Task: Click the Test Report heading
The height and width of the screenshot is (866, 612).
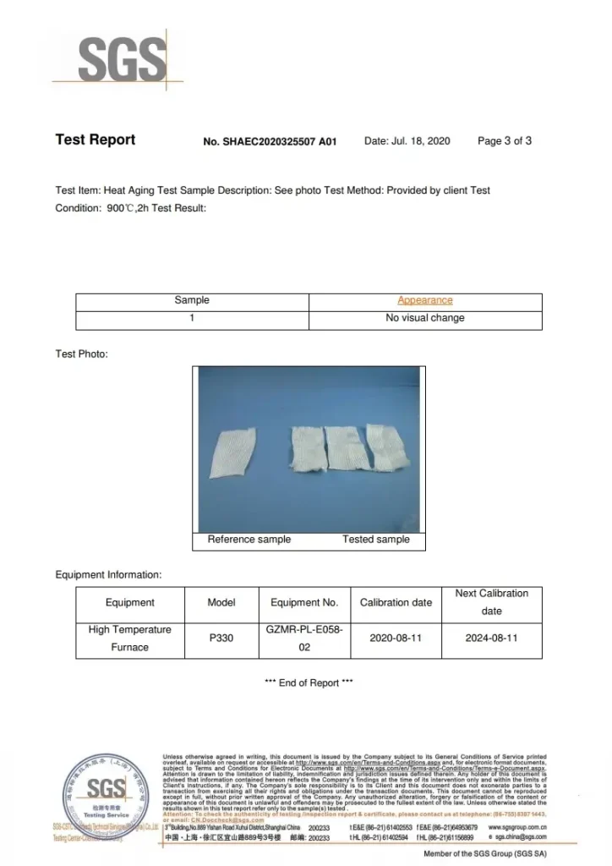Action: point(95,140)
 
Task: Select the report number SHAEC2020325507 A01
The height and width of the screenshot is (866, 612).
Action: point(270,141)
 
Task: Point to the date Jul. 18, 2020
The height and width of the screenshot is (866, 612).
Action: point(407,140)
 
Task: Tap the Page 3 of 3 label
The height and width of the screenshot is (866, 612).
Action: point(505,140)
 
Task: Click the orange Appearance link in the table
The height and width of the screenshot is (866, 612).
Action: point(425,300)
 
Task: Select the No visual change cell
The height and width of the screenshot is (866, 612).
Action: point(425,318)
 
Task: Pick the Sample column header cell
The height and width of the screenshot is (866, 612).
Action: point(192,300)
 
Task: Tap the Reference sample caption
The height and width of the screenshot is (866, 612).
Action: point(249,539)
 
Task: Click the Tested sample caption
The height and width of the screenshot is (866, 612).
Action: point(376,539)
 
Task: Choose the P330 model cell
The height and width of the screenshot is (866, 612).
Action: point(221,638)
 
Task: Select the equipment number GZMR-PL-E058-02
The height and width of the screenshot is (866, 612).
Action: point(304,638)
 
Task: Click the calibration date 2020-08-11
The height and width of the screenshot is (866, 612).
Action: point(396,638)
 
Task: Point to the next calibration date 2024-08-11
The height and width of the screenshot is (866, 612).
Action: point(491,638)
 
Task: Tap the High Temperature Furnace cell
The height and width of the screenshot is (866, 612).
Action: point(130,638)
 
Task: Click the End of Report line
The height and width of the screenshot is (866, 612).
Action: point(309,682)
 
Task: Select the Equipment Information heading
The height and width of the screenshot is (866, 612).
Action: point(108,575)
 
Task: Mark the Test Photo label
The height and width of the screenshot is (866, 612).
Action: point(82,354)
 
